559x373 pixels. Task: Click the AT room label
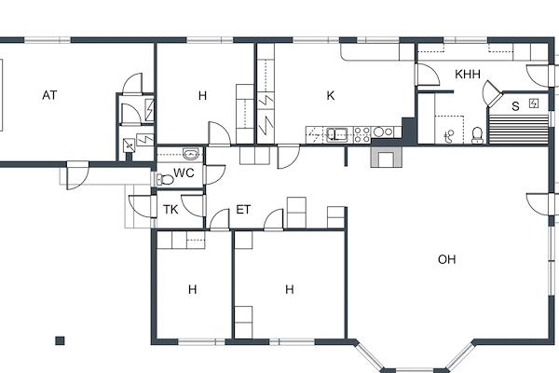tap(49, 95)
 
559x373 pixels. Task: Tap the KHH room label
tap(468, 75)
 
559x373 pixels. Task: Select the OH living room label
tap(446, 259)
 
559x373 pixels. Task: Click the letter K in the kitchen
tap(331, 95)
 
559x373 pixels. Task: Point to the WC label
tap(184, 173)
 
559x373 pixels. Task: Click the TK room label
tap(170, 210)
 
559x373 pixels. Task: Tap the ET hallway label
tap(243, 210)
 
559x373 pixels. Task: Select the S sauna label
tap(515, 106)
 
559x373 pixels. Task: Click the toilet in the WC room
tap(165, 179)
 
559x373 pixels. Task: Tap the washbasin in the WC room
tap(191, 154)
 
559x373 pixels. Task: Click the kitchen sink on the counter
tap(337, 134)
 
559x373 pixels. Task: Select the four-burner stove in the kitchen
tap(362, 135)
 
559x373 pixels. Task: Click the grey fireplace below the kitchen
tap(387, 156)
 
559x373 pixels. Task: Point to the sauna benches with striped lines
tap(519, 129)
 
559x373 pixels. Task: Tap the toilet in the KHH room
tap(477, 135)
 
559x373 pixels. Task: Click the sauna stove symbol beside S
tap(534, 104)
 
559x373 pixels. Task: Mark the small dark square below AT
tap(60, 340)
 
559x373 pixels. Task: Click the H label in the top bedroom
tap(202, 95)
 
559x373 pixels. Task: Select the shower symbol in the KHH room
tap(449, 137)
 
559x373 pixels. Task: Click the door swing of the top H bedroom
tap(219, 134)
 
